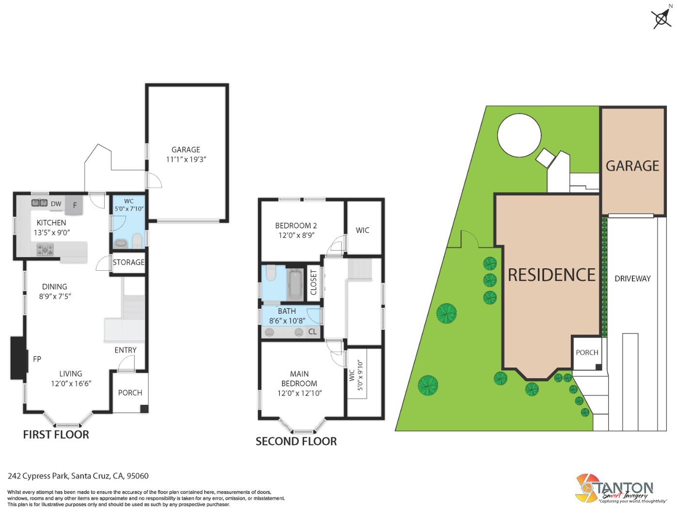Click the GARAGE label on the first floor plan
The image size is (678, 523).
[x=186, y=150]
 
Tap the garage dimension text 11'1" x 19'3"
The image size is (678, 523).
[x=186, y=159]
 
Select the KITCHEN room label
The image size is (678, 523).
[x=51, y=223]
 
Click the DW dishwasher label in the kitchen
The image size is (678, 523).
[x=56, y=204]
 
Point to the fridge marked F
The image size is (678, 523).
[x=75, y=205]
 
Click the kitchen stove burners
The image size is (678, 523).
[x=46, y=250]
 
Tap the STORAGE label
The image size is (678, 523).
[x=129, y=262]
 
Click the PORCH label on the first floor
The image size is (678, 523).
[x=130, y=393]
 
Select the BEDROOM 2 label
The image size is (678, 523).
[x=296, y=226]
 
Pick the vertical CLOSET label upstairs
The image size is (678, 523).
[x=313, y=282]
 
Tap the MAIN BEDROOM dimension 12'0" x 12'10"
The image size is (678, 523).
[x=299, y=393]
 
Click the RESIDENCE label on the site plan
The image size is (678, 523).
[x=551, y=275]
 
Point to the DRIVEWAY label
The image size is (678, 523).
[x=632, y=278]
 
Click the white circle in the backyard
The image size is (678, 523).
[x=519, y=135]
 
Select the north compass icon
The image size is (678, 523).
[x=662, y=19]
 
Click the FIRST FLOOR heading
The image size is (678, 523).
[x=56, y=434]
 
